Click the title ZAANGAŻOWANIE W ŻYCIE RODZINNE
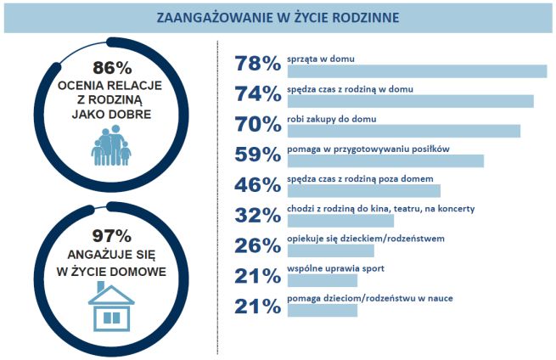(278, 17)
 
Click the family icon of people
(111, 147)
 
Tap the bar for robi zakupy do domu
(404, 131)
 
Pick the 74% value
(257, 93)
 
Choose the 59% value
(257, 155)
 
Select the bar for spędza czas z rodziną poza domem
(364, 191)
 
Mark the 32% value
(257, 215)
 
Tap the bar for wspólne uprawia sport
(323, 280)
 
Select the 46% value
(257, 184)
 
